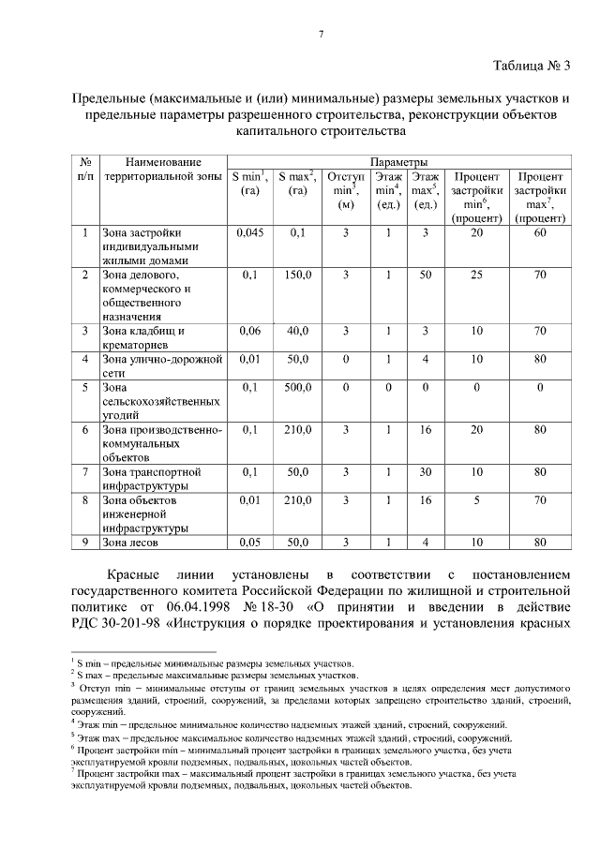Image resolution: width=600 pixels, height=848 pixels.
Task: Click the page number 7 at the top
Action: point(321,35)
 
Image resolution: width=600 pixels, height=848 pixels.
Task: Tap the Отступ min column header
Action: point(345,190)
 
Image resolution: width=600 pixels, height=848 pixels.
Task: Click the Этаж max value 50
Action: point(425,275)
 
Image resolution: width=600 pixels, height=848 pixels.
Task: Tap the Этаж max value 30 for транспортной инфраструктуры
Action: point(425,471)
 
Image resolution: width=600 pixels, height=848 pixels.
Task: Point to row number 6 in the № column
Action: point(84,429)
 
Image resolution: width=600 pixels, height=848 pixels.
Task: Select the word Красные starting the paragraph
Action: point(132,573)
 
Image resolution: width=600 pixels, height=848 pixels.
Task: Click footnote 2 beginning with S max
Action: point(211,674)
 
